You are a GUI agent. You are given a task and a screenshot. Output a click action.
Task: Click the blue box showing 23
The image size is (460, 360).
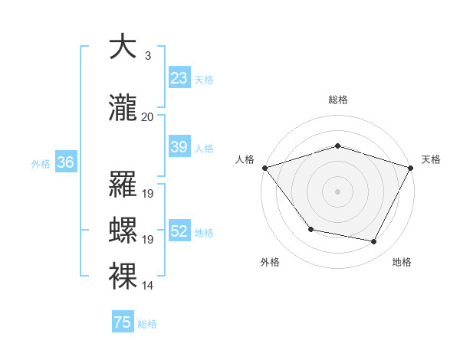(x=179, y=78)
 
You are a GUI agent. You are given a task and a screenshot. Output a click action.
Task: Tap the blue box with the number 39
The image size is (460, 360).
(x=179, y=147)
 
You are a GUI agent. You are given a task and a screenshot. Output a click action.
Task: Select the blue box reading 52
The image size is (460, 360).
(x=179, y=231)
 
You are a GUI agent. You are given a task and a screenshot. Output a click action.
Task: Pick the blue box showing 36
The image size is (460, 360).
(x=65, y=162)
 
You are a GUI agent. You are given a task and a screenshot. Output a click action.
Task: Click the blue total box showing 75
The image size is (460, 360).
(x=123, y=322)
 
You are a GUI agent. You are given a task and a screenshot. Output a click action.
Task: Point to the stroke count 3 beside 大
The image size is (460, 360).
(x=147, y=56)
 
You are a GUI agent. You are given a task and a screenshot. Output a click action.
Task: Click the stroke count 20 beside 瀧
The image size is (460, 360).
(x=148, y=117)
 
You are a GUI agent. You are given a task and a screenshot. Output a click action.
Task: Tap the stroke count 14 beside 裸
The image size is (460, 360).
(x=148, y=286)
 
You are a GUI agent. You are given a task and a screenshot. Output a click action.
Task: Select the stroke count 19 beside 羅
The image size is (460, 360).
(x=148, y=194)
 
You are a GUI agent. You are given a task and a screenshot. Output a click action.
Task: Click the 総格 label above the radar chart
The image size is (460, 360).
(x=337, y=100)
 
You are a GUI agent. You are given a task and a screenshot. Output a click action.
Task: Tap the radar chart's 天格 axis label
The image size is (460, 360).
(x=431, y=159)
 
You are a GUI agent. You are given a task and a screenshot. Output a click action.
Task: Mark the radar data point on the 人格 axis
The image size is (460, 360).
(x=264, y=167)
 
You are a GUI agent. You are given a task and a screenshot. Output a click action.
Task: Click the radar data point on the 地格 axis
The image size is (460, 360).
(x=374, y=242)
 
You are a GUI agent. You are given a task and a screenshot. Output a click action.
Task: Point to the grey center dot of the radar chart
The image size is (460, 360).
(x=337, y=191)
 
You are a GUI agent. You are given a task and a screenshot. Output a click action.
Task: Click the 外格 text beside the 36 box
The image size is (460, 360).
(x=40, y=163)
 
